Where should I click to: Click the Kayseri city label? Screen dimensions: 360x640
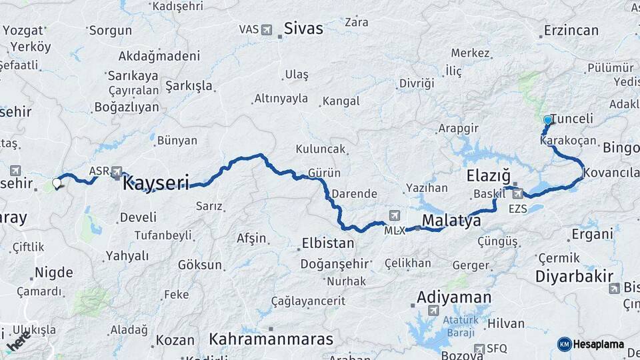point(155,183)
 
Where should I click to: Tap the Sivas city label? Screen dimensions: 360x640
point(303,29)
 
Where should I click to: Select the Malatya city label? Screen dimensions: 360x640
point(451,221)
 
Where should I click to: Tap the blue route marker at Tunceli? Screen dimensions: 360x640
point(548,120)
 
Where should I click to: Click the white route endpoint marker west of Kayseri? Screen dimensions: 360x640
point(57,181)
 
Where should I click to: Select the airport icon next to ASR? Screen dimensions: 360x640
point(117,171)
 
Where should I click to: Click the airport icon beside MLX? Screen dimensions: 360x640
point(394,215)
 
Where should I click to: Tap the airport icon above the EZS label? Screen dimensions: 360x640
point(517,194)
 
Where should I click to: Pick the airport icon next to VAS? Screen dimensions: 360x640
point(267,30)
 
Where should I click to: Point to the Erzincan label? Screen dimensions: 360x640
point(571,31)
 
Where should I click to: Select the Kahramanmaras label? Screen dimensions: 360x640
point(271,339)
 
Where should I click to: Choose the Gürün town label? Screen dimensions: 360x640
point(325,173)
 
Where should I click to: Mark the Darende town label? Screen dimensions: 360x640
point(354,194)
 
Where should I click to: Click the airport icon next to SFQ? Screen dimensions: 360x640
point(479,349)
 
